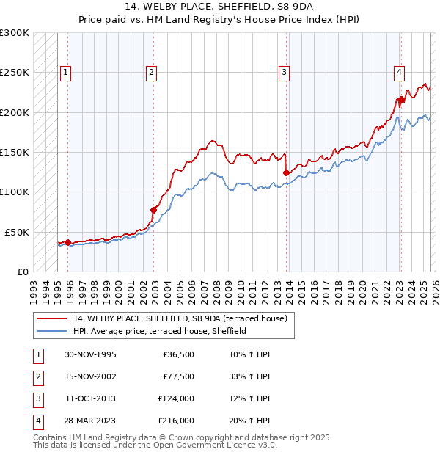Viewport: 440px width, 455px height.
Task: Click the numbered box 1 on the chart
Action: [66, 72]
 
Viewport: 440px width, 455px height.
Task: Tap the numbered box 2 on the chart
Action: [151, 72]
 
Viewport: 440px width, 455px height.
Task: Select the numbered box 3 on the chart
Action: [284, 72]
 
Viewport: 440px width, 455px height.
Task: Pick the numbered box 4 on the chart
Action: [399, 72]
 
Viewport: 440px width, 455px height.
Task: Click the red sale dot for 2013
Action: [286, 173]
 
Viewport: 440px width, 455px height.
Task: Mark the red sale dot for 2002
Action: [153, 210]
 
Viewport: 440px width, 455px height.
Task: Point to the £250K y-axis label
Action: [15, 73]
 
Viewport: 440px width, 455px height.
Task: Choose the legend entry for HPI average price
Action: [159, 331]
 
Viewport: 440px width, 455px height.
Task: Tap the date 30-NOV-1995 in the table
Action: [90, 355]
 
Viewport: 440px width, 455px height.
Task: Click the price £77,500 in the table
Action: [178, 377]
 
